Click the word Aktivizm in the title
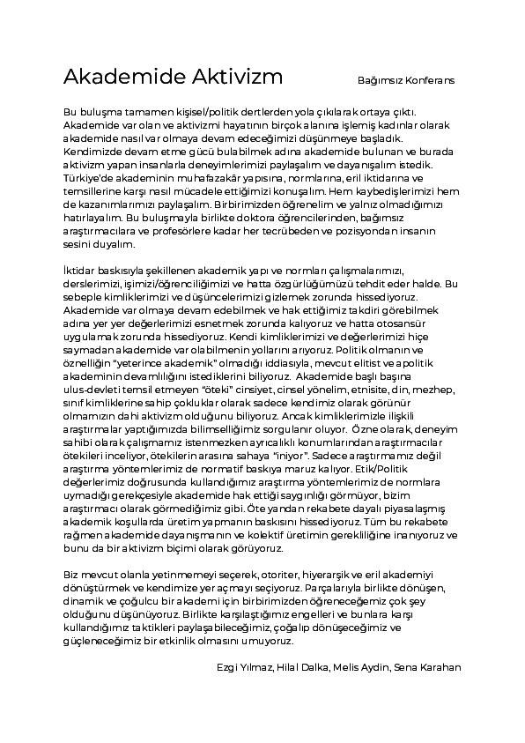[x=237, y=77]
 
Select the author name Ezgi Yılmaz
[x=243, y=667]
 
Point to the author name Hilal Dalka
[x=301, y=667]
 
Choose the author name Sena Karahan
[x=426, y=667]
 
